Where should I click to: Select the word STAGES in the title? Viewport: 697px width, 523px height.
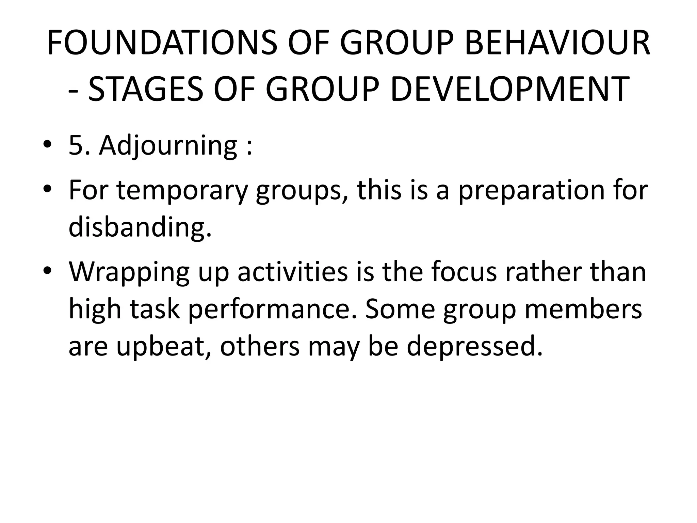coord(145,89)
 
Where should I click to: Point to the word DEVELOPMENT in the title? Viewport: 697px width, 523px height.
coord(509,89)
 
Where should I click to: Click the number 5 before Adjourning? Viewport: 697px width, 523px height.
coord(76,146)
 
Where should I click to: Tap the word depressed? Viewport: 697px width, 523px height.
coord(474,347)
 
